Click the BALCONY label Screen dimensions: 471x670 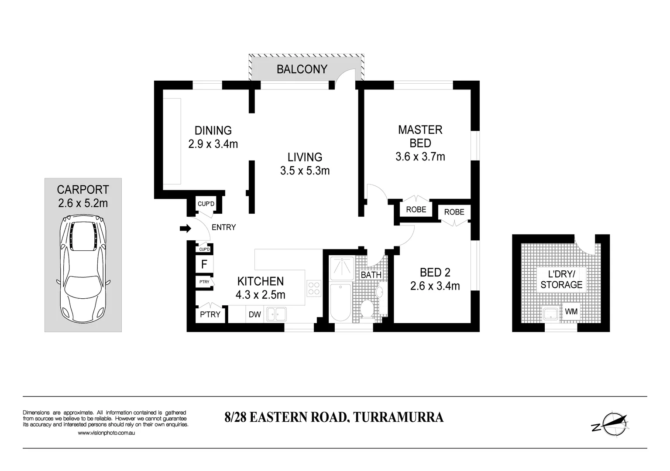302,69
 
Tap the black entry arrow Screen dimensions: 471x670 186,228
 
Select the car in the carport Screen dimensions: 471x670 83,270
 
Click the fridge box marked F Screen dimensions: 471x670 204,264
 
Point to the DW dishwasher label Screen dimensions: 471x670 254,314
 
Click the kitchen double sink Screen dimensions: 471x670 276,314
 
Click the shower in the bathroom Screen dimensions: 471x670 342,268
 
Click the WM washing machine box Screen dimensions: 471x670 571,312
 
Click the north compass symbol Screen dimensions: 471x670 611,423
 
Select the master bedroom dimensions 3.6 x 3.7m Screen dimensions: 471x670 420,157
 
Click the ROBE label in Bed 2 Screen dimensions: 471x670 454,212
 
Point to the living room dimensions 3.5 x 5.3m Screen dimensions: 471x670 305,171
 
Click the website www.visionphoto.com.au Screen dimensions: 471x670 106,433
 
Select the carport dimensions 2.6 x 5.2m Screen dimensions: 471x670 83,203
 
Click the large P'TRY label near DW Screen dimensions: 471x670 210,314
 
